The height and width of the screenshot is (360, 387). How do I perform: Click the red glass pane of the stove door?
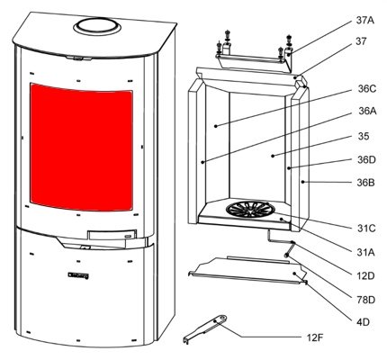click(81, 147)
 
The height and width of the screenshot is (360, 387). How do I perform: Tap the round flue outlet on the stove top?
click(97, 27)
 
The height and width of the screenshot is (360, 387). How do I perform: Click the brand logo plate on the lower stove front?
click(78, 275)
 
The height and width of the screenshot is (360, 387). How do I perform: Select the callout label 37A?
click(365, 21)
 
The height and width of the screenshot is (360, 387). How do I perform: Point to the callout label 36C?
click(367, 89)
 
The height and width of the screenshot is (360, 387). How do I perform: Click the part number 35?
click(364, 136)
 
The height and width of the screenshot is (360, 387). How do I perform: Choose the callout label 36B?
click(365, 183)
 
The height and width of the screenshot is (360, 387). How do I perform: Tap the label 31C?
click(366, 229)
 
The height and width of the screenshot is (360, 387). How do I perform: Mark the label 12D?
click(366, 275)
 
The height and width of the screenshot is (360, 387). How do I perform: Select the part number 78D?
click(366, 300)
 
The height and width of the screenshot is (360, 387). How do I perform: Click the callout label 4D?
click(363, 322)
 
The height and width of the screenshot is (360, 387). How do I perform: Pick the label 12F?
click(315, 338)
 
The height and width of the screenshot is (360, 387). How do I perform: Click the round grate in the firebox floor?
click(248, 209)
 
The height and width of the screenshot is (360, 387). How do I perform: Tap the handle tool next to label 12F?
click(205, 328)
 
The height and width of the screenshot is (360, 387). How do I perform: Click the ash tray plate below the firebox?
click(247, 269)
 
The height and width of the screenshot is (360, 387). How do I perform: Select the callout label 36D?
click(366, 160)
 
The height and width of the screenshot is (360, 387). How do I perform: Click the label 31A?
click(366, 253)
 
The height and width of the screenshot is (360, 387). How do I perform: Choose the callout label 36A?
click(367, 112)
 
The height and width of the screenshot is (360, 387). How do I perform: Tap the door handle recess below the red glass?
click(112, 235)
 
